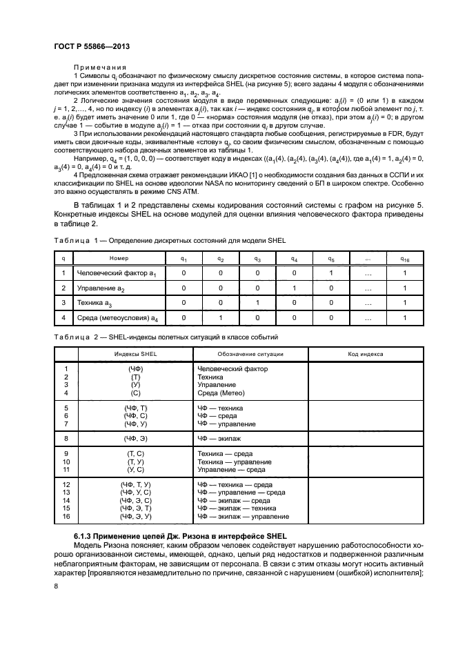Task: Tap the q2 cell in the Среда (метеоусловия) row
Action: (221, 317)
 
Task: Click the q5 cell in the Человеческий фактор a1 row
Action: (330, 272)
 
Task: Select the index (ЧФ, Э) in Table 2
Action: (135, 437)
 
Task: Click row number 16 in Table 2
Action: (66, 516)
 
